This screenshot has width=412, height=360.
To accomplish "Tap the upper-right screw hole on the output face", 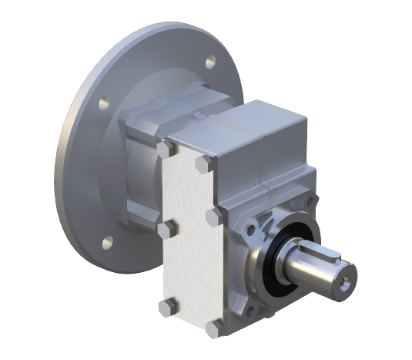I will point(310,202).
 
